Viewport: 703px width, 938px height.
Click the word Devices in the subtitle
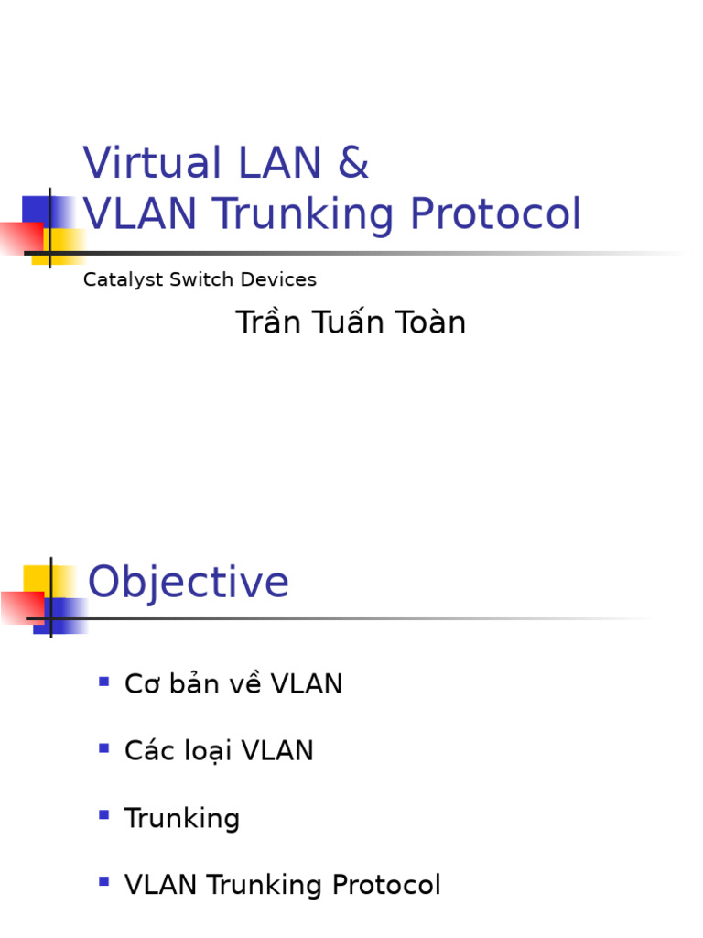tap(280, 279)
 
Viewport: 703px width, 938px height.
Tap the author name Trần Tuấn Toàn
tap(351, 322)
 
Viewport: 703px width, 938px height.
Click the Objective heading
tap(189, 583)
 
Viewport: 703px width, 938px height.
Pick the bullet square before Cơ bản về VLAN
tap(104, 682)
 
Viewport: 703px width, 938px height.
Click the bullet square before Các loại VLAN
tap(104, 748)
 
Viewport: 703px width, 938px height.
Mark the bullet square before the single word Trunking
tap(104, 815)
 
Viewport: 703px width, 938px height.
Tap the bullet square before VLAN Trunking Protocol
tap(104, 882)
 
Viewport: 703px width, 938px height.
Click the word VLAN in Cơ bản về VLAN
tap(308, 684)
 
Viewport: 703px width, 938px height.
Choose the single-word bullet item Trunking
tap(182, 819)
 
